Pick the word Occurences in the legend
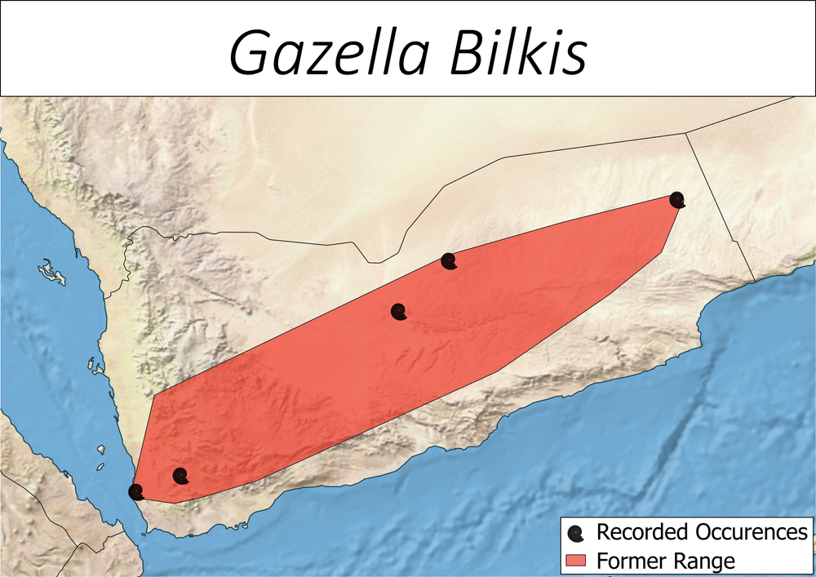click(x=754, y=533)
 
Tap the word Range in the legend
click(x=705, y=561)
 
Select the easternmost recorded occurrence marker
click(x=676, y=199)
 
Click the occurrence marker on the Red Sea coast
click(x=136, y=491)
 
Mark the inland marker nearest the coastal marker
click(x=180, y=476)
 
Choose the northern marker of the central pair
click(x=448, y=261)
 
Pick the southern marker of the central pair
click(x=398, y=312)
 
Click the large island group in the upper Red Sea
click(x=51, y=271)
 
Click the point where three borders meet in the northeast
click(x=685, y=133)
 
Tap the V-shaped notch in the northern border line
click(x=373, y=263)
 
